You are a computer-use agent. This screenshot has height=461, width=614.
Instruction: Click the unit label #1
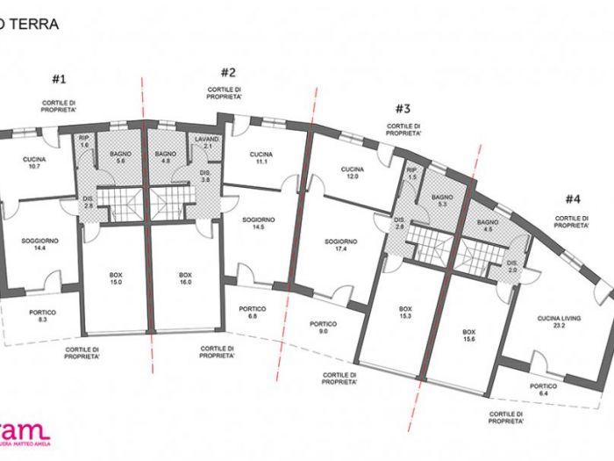click(x=59, y=79)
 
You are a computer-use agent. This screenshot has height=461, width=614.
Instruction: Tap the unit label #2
click(x=229, y=73)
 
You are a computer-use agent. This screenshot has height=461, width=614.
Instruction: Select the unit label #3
click(x=403, y=109)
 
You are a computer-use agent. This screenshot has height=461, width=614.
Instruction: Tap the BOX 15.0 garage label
click(x=116, y=279)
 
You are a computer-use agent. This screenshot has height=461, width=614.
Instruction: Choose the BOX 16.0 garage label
click(x=185, y=279)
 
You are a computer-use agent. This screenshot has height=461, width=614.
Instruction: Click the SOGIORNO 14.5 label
click(x=258, y=223)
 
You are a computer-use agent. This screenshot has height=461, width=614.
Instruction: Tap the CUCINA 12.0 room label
click(x=353, y=173)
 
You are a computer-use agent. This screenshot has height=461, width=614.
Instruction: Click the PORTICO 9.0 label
click(x=324, y=327)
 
